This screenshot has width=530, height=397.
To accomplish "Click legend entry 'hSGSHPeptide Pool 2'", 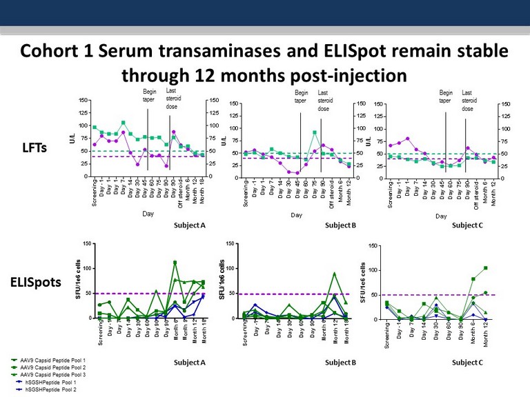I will pyautogui.click(x=49, y=391).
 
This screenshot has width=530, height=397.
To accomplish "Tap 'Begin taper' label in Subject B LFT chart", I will pyautogui.click(x=302, y=96).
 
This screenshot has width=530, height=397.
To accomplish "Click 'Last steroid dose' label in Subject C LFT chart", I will pyautogui.click(x=468, y=100).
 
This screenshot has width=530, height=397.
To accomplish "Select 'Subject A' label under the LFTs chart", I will pyautogui.click(x=191, y=225).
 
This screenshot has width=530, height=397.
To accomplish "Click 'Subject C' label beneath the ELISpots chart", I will pyautogui.click(x=467, y=361).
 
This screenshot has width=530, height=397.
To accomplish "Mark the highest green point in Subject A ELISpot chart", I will pyautogui.click(x=175, y=262).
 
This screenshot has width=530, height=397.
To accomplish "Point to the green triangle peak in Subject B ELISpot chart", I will pyautogui.click(x=334, y=274).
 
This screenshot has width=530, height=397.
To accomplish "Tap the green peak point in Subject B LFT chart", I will pyautogui.click(x=315, y=132).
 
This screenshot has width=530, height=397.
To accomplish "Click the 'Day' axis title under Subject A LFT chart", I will pyautogui.click(x=148, y=214).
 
